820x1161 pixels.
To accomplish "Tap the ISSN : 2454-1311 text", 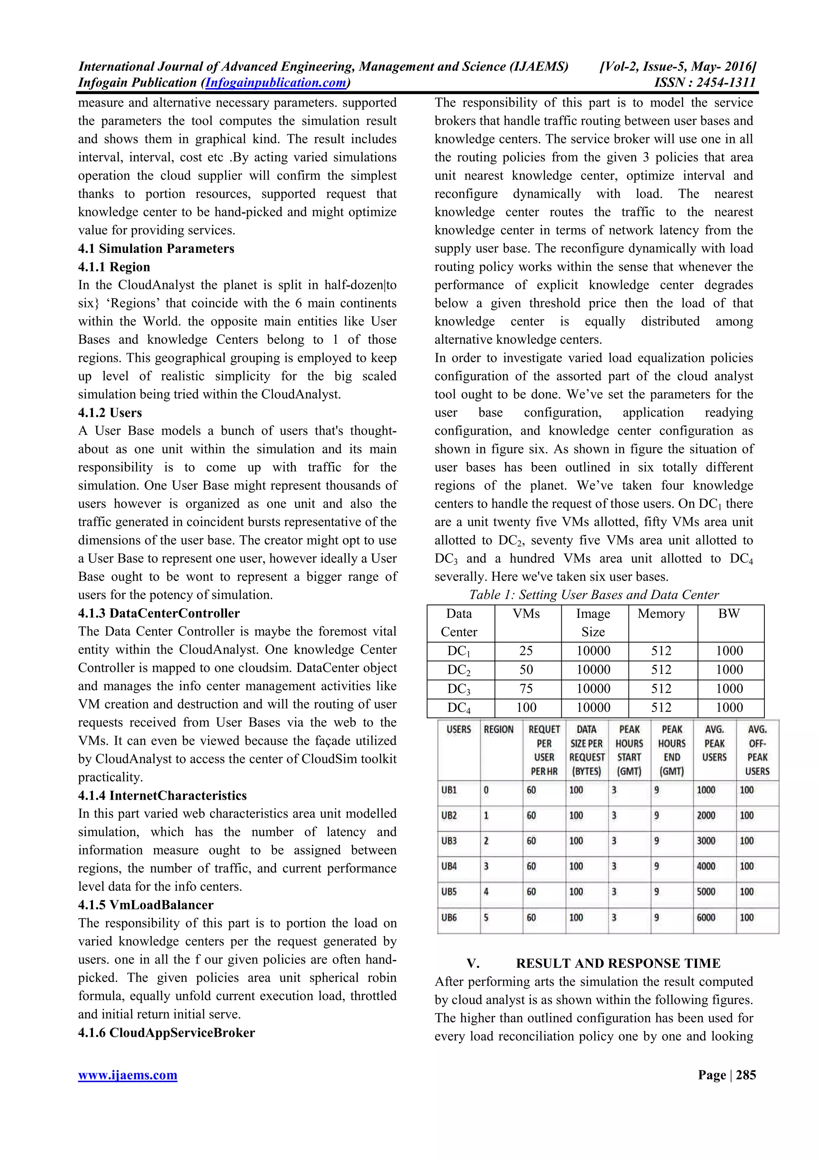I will pyautogui.click(x=704, y=83).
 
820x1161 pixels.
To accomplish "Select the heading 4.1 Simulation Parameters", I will pyautogui.click(x=156, y=249).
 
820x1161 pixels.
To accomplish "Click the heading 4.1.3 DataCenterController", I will pyautogui.click(x=159, y=613).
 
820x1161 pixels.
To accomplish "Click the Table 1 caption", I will pyautogui.click(x=594, y=595).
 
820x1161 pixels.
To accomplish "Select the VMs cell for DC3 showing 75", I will pyautogui.click(x=526, y=689).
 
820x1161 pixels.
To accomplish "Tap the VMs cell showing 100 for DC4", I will pyautogui.click(x=526, y=707).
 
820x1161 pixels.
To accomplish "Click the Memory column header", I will pyautogui.click(x=661, y=614).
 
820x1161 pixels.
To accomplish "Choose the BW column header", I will pyautogui.click(x=729, y=614).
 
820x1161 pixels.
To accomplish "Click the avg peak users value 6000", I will pyautogui.click(x=706, y=918).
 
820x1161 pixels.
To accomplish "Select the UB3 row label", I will pyautogui.click(x=449, y=841).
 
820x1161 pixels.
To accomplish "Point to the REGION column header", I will pyautogui.click(x=498, y=730).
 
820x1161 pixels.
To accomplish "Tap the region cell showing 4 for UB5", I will pyautogui.click(x=486, y=892).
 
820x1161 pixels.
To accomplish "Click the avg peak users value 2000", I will pyautogui.click(x=706, y=816).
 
